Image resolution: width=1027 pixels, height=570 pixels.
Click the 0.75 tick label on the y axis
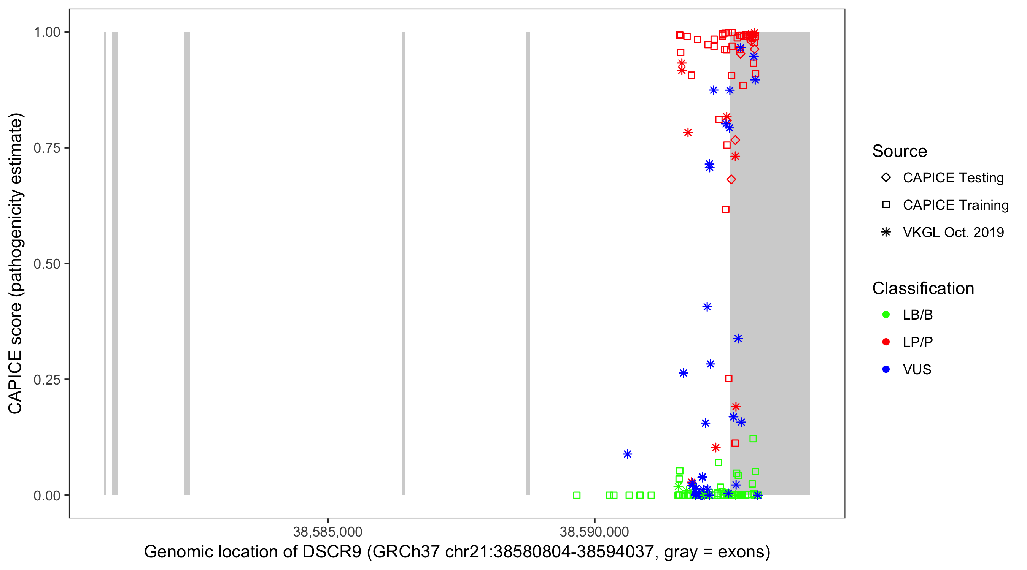pyautogui.click(x=47, y=148)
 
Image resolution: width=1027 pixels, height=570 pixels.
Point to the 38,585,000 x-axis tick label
pyautogui.click(x=327, y=531)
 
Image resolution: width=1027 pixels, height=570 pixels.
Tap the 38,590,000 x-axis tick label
pyautogui.click(x=594, y=531)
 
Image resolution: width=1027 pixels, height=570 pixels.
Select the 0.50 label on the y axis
pyautogui.click(x=47, y=264)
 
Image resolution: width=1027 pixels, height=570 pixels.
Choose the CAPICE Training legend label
pyautogui.click(x=955, y=205)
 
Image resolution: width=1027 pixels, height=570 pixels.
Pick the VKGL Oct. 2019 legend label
pyautogui.click(x=953, y=232)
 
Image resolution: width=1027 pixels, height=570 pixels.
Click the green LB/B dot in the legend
pyautogui.click(x=886, y=315)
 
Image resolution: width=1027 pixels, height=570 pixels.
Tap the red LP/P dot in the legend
pyautogui.click(x=886, y=342)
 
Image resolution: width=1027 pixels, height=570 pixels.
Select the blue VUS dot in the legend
pyautogui.click(x=886, y=369)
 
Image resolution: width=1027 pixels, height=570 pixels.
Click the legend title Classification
pyautogui.click(x=922, y=288)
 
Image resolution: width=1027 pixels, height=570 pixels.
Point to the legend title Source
pyautogui.click(x=900, y=151)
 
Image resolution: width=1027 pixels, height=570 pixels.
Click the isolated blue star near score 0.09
pyautogui.click(x=627, y=454)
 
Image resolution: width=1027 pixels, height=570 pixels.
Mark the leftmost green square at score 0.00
pyautogui.click(x=577, y=495)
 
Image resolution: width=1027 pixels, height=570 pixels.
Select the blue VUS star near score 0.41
pyautogui.click(x=707, y=307)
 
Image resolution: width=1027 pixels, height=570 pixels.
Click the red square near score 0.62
pyautogui.click(x=726, y=209)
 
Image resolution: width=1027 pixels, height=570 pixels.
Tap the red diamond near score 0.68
pyautogui.click(x=731, y=180)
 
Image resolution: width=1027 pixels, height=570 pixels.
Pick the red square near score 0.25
pyautogui.click(x=728, y=378)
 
